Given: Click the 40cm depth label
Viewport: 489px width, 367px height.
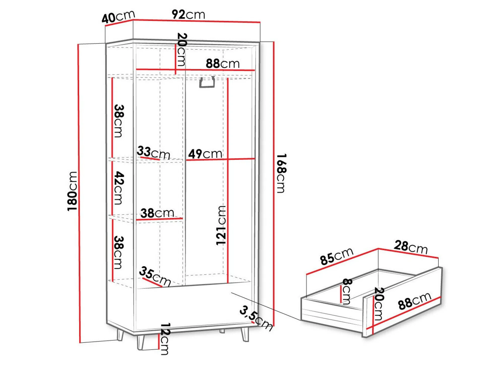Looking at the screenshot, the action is pos(118,17).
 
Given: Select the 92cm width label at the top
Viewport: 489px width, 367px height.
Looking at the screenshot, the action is pos(188,14).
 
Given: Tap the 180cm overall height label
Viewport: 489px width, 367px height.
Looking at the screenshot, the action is pos(72,191).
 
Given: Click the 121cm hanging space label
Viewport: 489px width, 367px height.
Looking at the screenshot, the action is pos(221,225).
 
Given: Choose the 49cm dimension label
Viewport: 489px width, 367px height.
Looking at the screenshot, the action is pos(205,154).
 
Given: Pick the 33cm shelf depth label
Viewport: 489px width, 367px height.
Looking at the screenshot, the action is pos(154,152).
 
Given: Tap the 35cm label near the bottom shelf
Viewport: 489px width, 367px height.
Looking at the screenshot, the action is pos(155,276).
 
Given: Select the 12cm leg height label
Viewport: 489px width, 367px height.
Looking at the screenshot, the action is pos(165,339).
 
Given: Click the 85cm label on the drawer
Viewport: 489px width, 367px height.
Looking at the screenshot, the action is pos(337,256).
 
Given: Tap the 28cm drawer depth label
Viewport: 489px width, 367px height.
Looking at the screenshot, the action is pos(411,247).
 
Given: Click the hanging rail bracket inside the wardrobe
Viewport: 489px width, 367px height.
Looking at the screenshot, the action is pos(207,82).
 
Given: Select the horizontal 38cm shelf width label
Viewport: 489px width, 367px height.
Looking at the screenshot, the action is pos(157,213).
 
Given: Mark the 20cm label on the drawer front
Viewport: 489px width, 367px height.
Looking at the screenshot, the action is pos(379,304).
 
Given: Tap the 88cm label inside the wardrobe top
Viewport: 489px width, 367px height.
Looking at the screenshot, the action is pos(223,64).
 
